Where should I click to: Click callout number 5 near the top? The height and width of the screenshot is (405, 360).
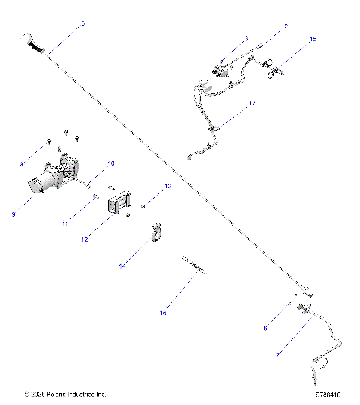click(x=82, y=24)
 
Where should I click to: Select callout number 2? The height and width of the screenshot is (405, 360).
click(x=285, y=27)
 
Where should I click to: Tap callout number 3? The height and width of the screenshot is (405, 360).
click(x=245, y=38)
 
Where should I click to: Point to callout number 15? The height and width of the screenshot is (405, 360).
click(x=313, y=38)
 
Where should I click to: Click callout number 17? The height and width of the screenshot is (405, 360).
click(x=253, y=103)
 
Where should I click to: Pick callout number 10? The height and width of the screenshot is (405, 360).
click(x=110, y=163)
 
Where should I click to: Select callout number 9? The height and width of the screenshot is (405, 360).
click(x=13, y=214)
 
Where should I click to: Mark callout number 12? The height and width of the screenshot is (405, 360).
click(x=85, y=240)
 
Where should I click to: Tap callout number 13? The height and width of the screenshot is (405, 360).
click(x=168, y=185)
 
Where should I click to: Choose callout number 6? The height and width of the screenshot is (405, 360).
click(x=264, y=328)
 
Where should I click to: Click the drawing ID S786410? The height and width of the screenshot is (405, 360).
click(x=328, y=393)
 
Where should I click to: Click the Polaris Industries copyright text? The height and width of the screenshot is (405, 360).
click(x=65, y=393)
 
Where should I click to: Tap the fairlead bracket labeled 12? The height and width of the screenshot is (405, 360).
click(x=121, y=205)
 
